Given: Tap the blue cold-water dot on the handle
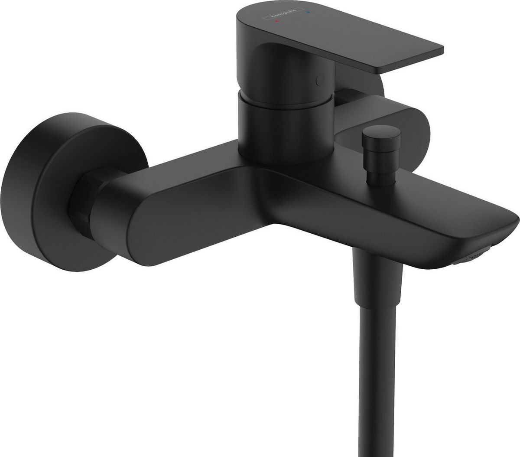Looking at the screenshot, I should click(307, 13).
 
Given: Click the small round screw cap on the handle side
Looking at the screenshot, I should click(321, 80).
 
